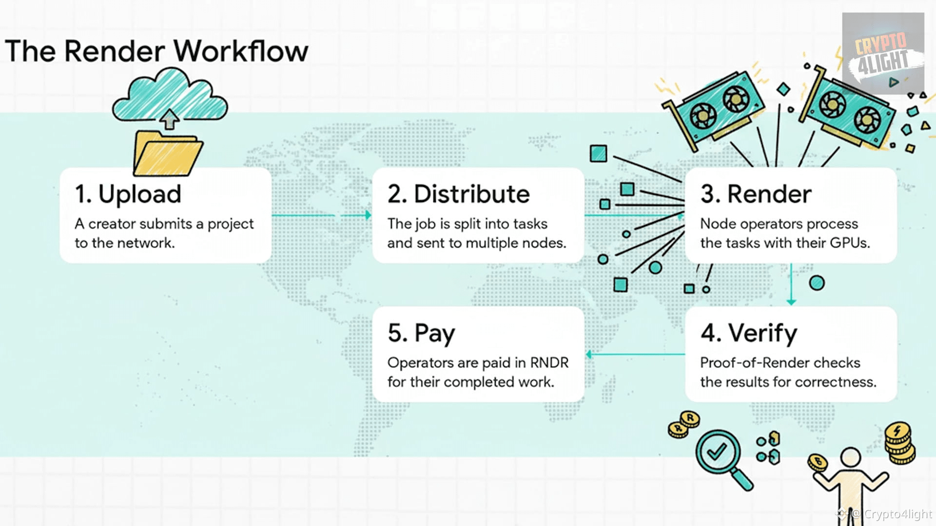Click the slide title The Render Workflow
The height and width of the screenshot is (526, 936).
pos(156,51)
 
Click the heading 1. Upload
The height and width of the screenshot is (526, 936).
pos(128,194)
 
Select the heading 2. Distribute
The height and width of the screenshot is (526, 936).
pos(458,194)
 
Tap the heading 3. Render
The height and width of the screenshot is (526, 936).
pos(756,194)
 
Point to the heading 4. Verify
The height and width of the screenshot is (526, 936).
pos(749,333)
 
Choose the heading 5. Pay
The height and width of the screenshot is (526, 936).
pos(421,333)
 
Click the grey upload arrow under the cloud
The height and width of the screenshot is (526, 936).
pos(169,118)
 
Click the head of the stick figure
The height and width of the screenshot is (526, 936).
pos(850,457)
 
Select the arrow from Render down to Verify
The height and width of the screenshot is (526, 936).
pos(791,285)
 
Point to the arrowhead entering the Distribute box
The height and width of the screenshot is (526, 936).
pos(368,215)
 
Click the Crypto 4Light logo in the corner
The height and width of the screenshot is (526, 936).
pos(883,54)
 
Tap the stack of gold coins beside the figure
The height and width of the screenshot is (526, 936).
pos(899,443)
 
